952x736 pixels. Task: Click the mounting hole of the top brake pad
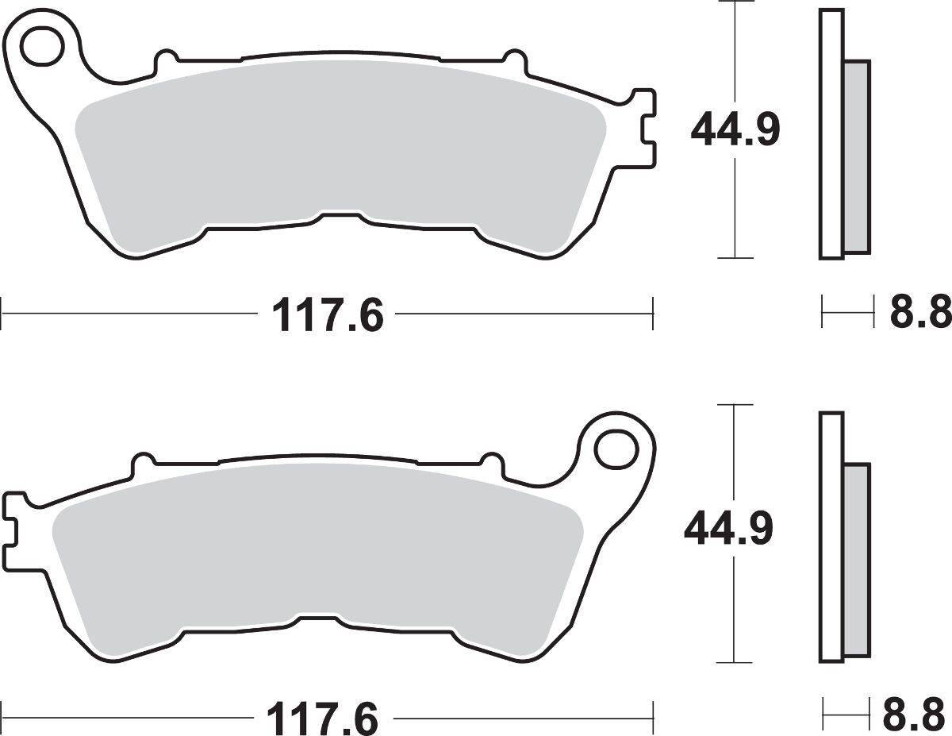pyautogui.click(x=42, y=46)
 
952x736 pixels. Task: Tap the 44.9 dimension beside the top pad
pyautogui.click(x=735, y=129)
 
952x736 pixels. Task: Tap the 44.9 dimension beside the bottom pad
pyautogui.click(x=728, y=530)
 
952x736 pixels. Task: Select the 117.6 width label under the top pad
pyautogui.click(x=328, y=314)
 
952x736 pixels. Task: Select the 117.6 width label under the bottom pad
pyautogui.click(x=322, y=719)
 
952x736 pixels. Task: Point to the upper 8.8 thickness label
pyautogui.click(x=921, y=313)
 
